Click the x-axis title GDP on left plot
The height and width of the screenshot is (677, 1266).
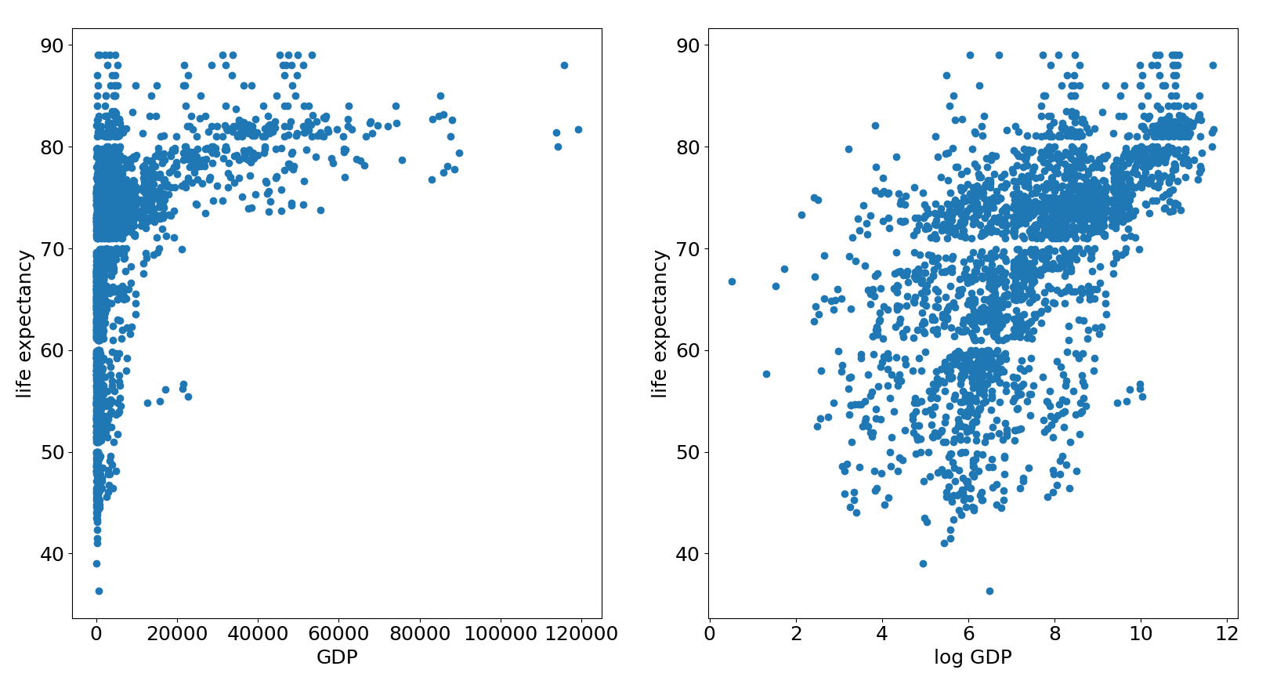tap(337, 657)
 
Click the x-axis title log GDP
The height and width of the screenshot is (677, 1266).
tap(972, 657)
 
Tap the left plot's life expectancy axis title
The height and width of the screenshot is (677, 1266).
tap(24, 324)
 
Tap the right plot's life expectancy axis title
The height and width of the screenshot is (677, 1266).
tap(660, 324)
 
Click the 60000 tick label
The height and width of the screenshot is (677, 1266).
tap(338, 634)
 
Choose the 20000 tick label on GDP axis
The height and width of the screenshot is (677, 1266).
tap(177, 634)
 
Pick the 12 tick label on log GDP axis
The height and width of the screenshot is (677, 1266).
tap(1227, 634)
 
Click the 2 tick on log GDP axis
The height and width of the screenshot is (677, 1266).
tap(796, 634)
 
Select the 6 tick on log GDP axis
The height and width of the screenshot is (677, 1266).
tap(968, 634)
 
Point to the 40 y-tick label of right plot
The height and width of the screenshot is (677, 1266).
tap(687, 554)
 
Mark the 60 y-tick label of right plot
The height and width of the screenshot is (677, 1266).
tap(687, 350)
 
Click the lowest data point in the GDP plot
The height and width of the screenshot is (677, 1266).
tap(99, 591)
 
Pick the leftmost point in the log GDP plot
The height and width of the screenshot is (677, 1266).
tap(732, 281)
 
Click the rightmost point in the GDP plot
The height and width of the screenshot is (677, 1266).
tap(578, 129)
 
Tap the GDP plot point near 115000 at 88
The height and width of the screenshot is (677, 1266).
tap(564, 65)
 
